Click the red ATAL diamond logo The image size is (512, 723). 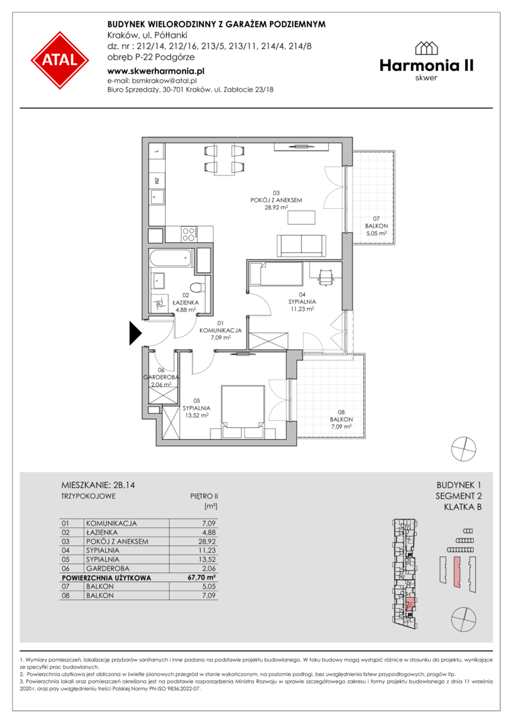(x=60, y=60)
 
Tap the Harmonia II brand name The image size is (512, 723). (x=427, y=66)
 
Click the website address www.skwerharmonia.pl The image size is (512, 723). (x=155, y=71)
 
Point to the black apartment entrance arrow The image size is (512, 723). (x=135, y=333)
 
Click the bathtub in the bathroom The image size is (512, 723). (x=171, y=258)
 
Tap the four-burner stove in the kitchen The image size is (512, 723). (x=189, y=234)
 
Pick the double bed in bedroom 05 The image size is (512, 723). (x=243, y=412)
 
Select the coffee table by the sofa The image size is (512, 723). (x=302, y=217)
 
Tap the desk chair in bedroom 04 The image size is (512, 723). (x=326, y=276)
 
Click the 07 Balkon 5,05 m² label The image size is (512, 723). (x=376, y=226)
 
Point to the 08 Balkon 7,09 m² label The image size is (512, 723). (x=341, y=420)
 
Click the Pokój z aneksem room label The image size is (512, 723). (x=276, y=200)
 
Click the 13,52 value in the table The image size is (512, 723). (x=207, y=559)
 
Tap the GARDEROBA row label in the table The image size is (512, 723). (x=108, y=568)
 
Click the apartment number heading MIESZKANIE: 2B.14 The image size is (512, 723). (x=98, y=485)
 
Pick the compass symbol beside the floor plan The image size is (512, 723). (x=464, y=449)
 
